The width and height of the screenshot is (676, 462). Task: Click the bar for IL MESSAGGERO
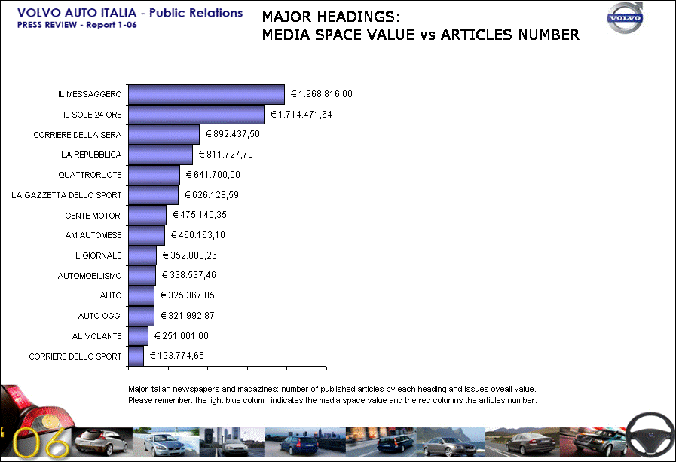tap(206, 94)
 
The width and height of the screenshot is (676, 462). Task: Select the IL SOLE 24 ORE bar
tap(196, 115)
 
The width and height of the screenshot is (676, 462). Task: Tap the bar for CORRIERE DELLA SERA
tap(164, 134)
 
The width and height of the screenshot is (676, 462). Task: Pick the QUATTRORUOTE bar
tap(154, 175)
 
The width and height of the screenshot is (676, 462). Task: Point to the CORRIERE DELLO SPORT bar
tap(136, 356)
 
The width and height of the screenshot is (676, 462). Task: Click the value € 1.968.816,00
tap(322, 94)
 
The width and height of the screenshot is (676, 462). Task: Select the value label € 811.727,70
tap(236, 155)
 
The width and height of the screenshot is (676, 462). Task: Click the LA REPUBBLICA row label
tap(91, 155)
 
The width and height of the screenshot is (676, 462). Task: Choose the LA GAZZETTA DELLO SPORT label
tap(66, 195)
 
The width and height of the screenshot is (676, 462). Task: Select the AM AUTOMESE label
tap(93, 235)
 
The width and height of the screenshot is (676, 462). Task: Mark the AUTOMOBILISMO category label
tap(90, 276)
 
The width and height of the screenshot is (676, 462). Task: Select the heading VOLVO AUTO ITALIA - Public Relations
tap(130, 13)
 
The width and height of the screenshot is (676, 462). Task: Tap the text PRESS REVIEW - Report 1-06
tap(77, 25)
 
